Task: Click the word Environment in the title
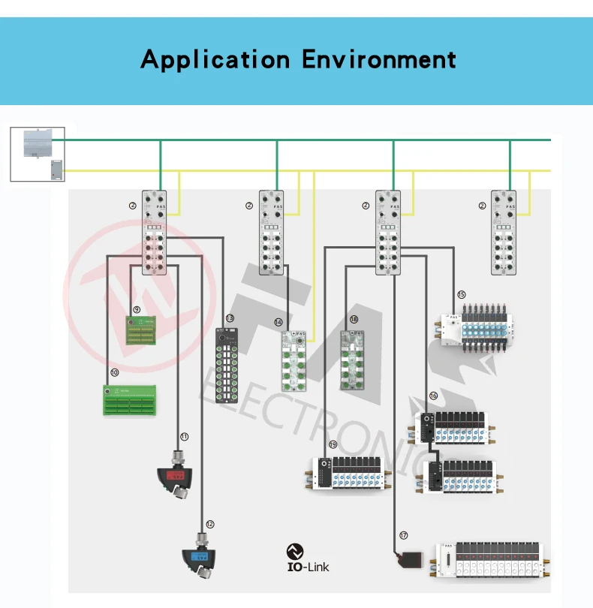(379, 59)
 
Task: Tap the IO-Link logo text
(308, 567)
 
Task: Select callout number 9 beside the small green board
(137, 309)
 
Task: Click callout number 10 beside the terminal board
(115, 372)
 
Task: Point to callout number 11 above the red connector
(184, 436)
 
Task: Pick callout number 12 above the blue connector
(209, 524)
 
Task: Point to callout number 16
(433, 396)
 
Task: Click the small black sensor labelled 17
(411, 559)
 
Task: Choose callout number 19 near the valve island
(333, 444)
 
